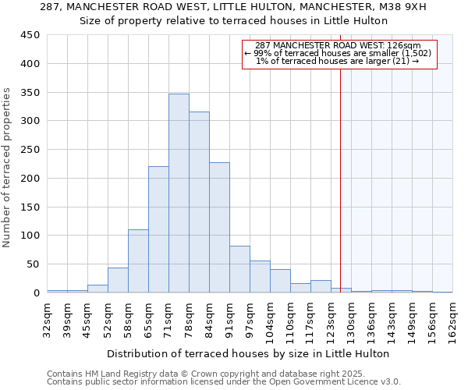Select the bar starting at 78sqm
point(199,203)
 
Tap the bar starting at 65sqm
point(158,229)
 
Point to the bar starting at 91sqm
point(239,269)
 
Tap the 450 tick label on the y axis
point(30,35)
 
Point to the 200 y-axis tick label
point(30,179)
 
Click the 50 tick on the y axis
point(34,264)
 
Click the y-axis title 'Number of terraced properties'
point(7,168)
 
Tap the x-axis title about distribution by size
point(247,353)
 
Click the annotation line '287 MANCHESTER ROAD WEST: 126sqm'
point(338,45)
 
